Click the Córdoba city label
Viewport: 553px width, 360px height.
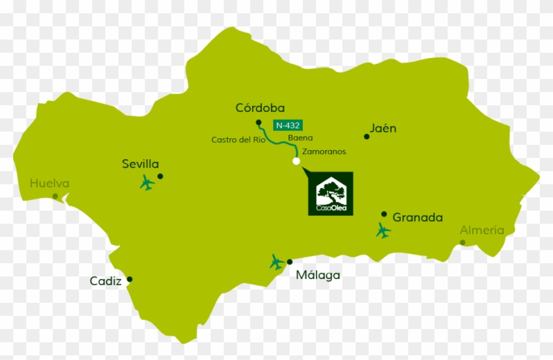tap(259, 107)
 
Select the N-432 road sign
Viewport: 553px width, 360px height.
tap(288, 124)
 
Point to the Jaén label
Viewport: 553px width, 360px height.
tap(382, 128)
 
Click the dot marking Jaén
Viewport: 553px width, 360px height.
tap(367, 137)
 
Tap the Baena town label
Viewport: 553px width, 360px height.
tap(300, 138)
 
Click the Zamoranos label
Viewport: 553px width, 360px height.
tap(324, 151)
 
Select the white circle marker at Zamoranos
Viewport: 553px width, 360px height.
tap(296, 161)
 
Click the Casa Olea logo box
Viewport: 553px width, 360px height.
tap(330, 193)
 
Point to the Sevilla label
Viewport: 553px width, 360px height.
tap(140, 165)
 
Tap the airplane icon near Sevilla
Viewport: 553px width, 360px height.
tap(147, 183)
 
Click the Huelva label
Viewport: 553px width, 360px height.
tap(49, 184)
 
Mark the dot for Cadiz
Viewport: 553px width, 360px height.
tap(130, 279)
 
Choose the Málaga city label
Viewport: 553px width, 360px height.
tap(318, 275)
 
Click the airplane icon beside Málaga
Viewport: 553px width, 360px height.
tap(277, 263)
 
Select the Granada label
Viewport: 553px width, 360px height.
tap(417, 217)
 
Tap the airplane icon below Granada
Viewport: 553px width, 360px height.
tap(383, 231)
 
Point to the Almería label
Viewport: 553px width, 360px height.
tap(482, 230)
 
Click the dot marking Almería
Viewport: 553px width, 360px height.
tap(463, 242)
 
